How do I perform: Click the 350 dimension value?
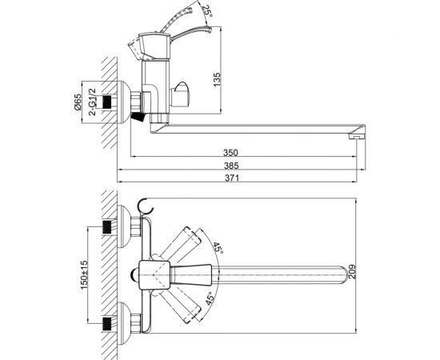[230, 152]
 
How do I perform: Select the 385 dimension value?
[231, 166]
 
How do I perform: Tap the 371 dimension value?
[232, 178]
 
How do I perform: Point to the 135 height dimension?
[217, 80]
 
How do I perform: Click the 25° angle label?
[207, 11]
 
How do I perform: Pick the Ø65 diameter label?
[78, 102]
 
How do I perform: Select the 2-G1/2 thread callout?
[92, 102]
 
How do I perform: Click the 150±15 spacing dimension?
[84, 275]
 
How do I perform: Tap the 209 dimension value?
[352, 272]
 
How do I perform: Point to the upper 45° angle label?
[218, 248]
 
